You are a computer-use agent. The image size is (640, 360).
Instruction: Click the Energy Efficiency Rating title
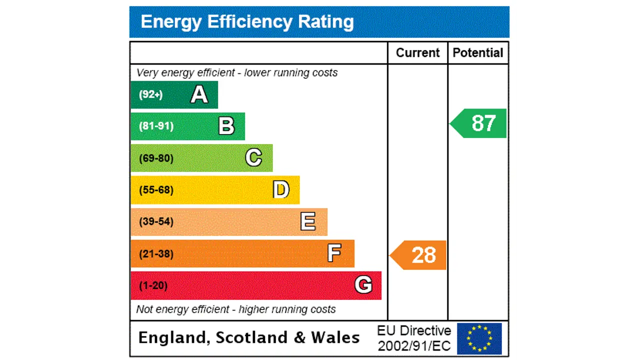click(x=247, y=22)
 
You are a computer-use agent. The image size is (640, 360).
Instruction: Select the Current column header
click(x=417, y=53)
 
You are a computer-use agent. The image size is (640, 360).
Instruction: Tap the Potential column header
click(x=477, y=53)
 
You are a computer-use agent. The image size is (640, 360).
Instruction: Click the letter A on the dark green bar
click(x=199, y=94)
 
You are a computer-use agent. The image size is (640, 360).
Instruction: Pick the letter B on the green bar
click(x=226, y=126)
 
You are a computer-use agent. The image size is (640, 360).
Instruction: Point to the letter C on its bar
click(x=253, y=158)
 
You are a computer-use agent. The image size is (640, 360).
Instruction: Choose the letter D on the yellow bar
click(x=281, y=190)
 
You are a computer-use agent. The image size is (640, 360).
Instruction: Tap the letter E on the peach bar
click(x=308, y=221)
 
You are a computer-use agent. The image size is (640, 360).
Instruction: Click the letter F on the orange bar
click(x=334, y=253)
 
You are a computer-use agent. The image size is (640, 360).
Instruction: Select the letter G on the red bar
click(x=363, y=285)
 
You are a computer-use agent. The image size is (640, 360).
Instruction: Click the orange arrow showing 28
click(x=419, y=255)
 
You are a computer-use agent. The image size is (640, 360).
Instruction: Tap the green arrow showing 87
click(x=479, y=123)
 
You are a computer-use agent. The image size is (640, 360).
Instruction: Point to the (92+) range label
click(x=150, y=94)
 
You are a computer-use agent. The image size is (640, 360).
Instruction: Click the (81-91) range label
click(x=156, y=126)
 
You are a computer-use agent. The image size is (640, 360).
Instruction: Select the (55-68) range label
click(x=156, y=190)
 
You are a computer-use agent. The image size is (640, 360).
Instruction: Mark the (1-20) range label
click(x=153, y=285)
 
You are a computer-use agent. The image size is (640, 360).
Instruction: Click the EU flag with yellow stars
click(x=479, y=338)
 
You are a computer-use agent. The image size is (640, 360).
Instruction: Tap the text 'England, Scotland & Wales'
click(x=248, y=337)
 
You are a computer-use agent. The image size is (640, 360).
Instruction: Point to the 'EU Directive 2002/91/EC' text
click(x=414, y=338)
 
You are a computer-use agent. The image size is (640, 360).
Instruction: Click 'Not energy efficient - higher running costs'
click(x=236, y=309)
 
